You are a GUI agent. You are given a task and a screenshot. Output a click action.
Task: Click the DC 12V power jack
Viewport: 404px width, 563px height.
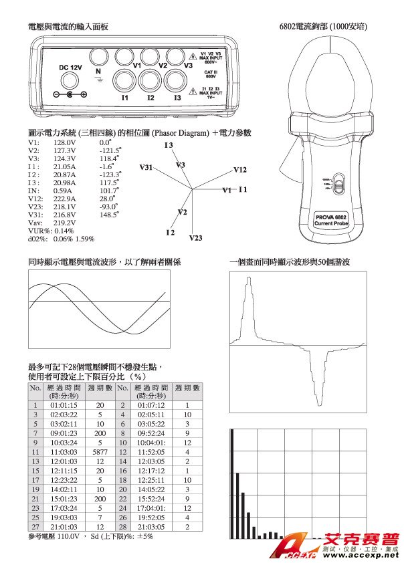(70, 83)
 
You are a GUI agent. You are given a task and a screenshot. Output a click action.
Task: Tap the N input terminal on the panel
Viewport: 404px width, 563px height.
(99, 57)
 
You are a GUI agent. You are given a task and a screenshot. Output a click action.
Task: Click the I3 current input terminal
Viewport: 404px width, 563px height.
(177, 82)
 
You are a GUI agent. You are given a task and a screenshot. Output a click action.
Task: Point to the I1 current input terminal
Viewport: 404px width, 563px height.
(124, 82)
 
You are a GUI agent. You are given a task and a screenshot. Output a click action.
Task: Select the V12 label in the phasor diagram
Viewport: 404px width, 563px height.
(240, 170)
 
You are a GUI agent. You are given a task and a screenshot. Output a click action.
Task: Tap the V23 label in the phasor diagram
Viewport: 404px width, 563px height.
(195, 237)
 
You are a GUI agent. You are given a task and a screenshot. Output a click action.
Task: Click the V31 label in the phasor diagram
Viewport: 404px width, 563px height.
(146, 166)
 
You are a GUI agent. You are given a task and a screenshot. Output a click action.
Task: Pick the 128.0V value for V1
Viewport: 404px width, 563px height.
(65, 142)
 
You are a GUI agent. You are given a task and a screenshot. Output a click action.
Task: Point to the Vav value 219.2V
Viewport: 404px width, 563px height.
(65, 223)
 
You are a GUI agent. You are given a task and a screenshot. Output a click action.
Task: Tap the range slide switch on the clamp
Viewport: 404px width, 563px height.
(337, 184)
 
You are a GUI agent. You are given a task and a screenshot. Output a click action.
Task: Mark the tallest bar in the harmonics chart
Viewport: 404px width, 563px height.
(231, 484)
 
